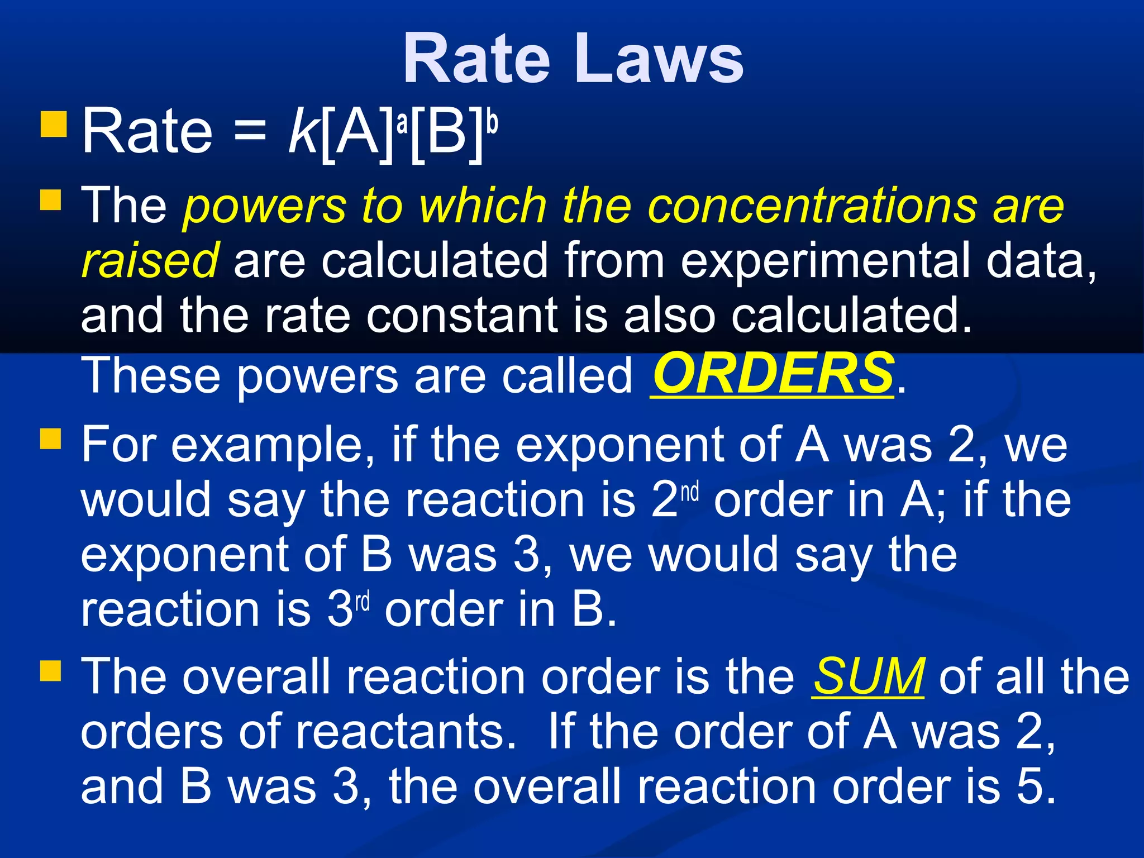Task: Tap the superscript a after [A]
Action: pyautogui.click(x=402, y=122)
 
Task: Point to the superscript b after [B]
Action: pyautogui.click(x=492, y=121)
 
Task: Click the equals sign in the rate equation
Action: pyautogui.click(x=250, y=134)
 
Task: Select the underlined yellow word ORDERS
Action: pyautogui.click(x=773, y=374)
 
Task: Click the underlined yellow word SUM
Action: pyautogui.click(x=867, y=676)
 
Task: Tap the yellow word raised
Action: pyautogui.click(x=150, y=260)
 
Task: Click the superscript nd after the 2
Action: pyautogui.click(x=690, y=492)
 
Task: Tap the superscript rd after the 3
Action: pyautogui.click(x=363, y=602)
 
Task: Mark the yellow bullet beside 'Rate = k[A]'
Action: pyautogui.click(x=54, y=125)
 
